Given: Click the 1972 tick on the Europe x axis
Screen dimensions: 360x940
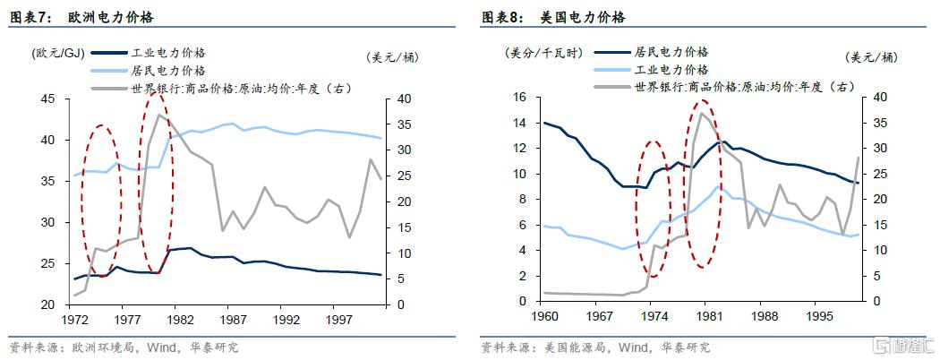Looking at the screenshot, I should click(x=74, y=318).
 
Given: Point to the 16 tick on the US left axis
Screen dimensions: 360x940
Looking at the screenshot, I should click(x=520, y=98).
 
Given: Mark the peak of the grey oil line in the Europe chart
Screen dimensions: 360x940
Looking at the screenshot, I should click(x=158, y=115).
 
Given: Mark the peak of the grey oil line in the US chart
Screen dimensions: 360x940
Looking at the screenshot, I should click(x=702, y=113).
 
